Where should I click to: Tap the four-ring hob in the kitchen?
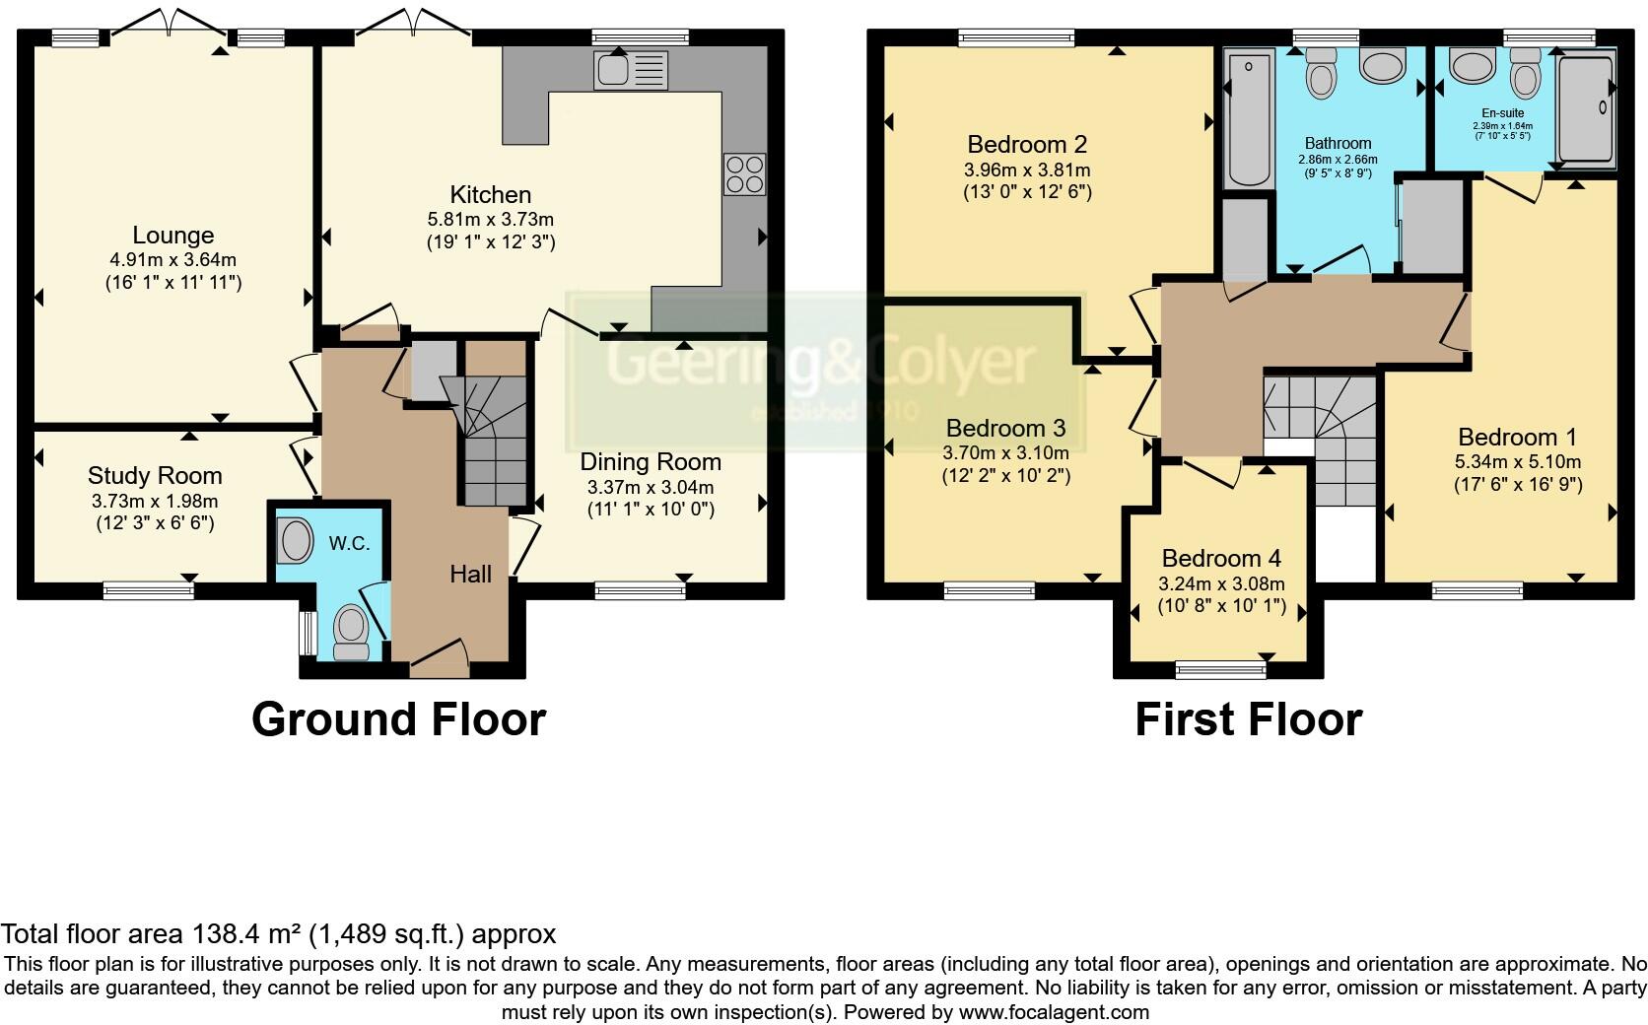744,174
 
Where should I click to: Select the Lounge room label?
173,236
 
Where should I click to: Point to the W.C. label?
349,543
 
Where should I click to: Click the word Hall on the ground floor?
470,574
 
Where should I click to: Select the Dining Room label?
651,461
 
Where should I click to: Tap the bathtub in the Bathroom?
1249,119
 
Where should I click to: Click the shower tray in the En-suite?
1585,108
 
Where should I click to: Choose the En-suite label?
1502,113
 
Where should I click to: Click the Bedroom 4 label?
1221,559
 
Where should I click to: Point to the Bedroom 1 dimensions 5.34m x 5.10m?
1518,462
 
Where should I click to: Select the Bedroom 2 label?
1027,145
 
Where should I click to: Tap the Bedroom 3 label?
1005,429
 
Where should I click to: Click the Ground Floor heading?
398,719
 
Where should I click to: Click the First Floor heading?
1248,719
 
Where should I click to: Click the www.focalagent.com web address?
1054,1012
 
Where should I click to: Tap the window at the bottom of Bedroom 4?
1221,670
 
